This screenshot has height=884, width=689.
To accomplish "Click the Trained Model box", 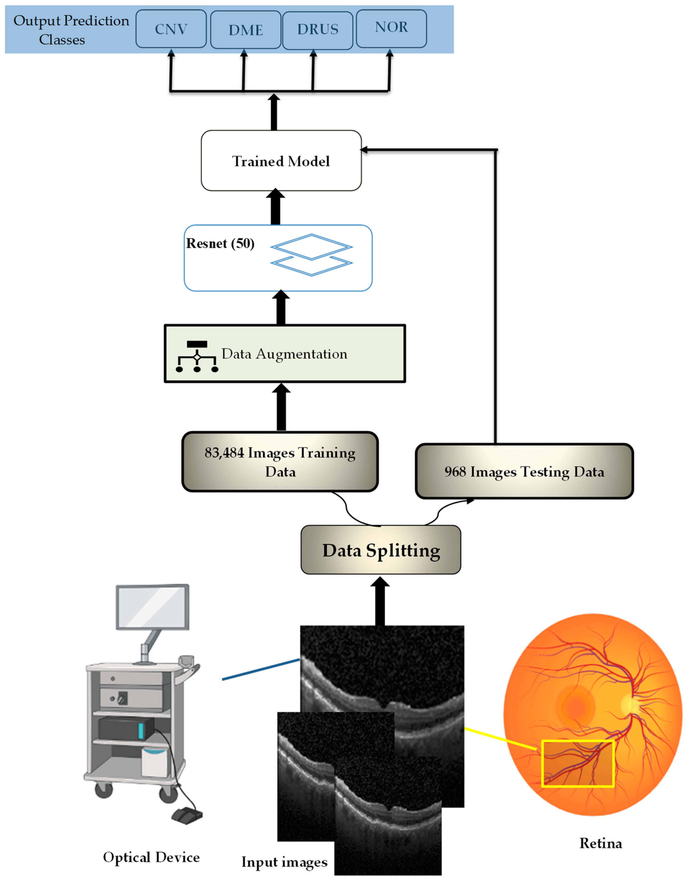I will coord(281,161).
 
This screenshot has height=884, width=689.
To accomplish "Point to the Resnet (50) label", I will coord(220,244).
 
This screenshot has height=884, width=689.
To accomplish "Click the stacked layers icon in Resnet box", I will coord(311,255).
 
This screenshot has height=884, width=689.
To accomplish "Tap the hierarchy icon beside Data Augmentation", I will coord(197,357).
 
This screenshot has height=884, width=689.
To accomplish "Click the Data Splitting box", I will coord(381,550).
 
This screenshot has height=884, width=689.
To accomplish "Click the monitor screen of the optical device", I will coord(152,607).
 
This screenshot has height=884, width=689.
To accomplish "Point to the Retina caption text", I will coord(601,843).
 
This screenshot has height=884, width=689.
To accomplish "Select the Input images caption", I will coord(284,862).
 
